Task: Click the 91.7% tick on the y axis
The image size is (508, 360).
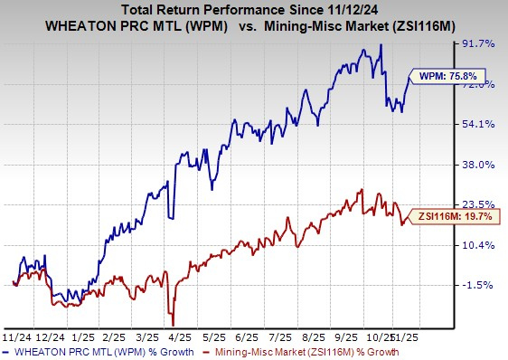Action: (x=479, y=43)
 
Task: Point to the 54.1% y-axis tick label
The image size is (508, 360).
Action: (x=479, y=124)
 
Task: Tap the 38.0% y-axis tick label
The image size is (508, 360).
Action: (x=479, y=165)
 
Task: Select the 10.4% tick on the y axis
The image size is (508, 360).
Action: (x=479, y=245)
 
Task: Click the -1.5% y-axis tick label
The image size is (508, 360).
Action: (x=479, y=285)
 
